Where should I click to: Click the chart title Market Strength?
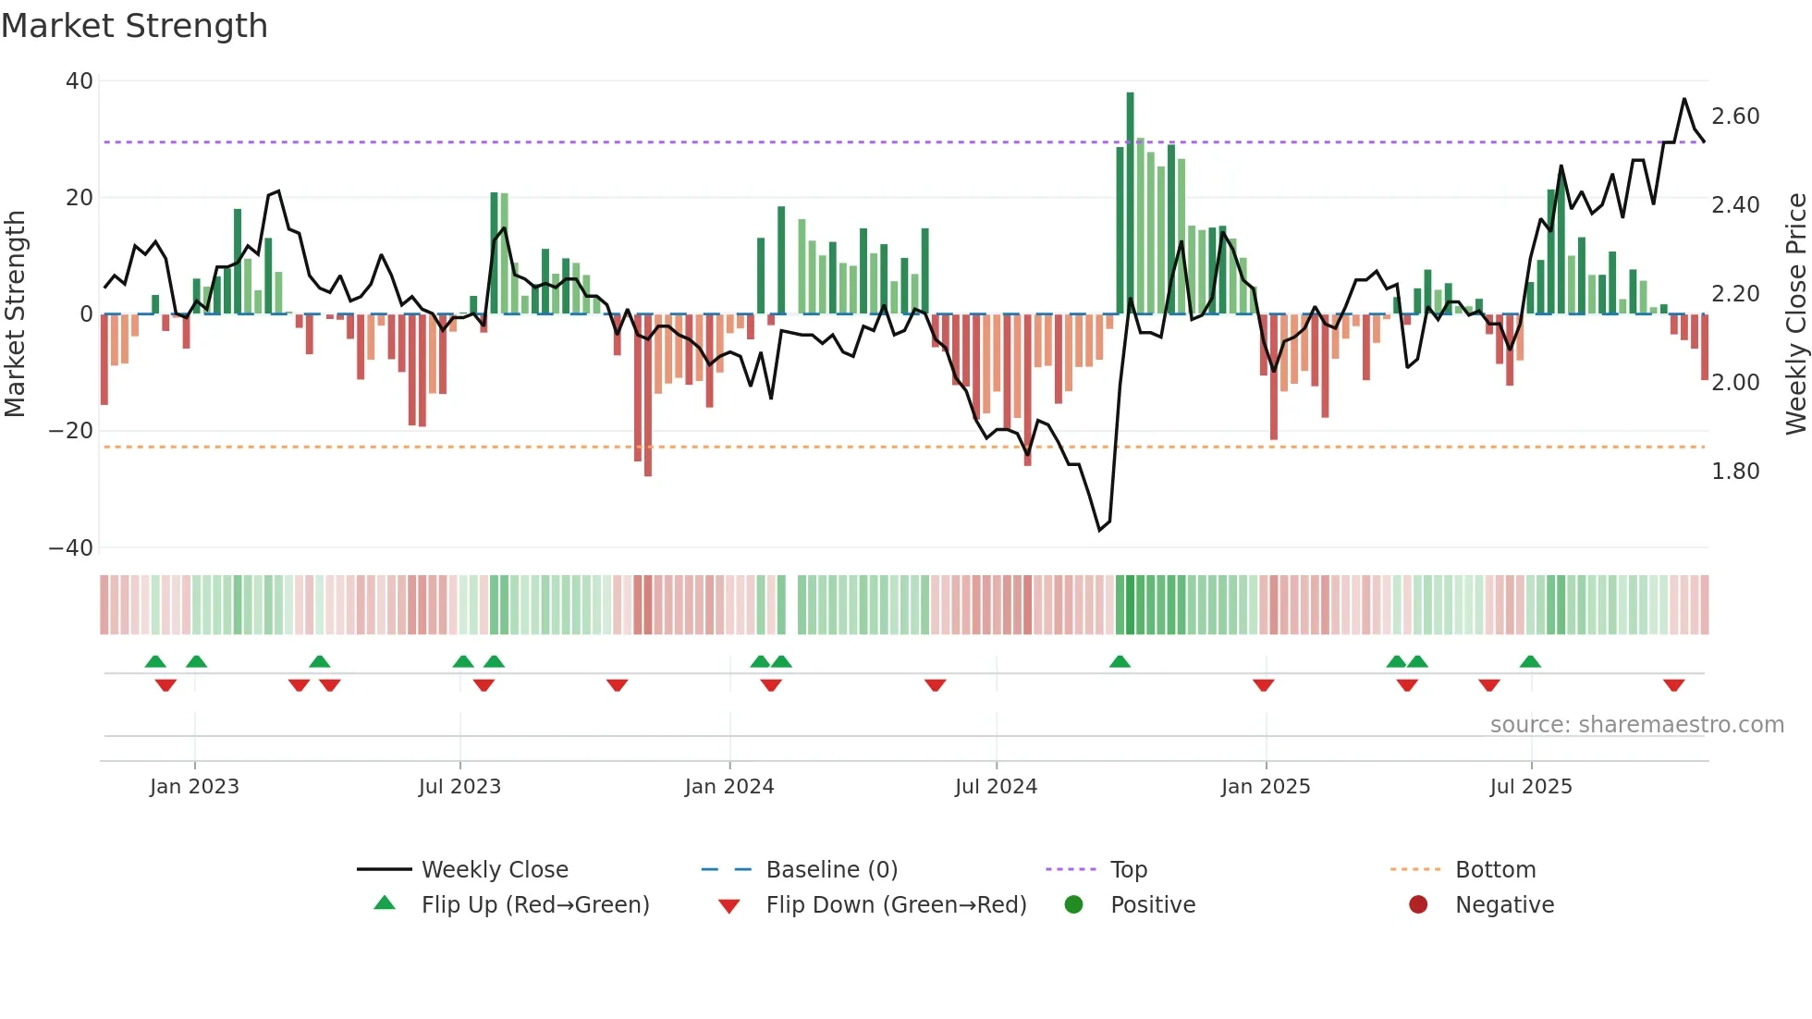pyautogui.click(x=134, y=26)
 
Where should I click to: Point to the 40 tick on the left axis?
pyautogui.click(x=79, y=81)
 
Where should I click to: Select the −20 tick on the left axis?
pyautogui.click(x=71, y=431)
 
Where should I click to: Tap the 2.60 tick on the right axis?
pyautogui.click(x=1735, y=117)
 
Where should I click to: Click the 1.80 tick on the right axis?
pyautogui.click(x=1735, y=472)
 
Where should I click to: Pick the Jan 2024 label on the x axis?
pyautogui.click(x=729, y=787)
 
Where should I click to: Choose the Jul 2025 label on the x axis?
pyautogui.click(x=1531, y=787)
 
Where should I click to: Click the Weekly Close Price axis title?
pyautogui.click(x=1795, y=314)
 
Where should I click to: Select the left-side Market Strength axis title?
pyautogui.click(x=15, y=314)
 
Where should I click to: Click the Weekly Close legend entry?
pyautogui.click(x=495, y=870)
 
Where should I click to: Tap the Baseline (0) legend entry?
pyautogui.click(x=832, y=870)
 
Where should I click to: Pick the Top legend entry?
pyautogui.click(x=1129, y=870)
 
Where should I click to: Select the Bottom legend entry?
pyautogui.click(x=1495, y=870)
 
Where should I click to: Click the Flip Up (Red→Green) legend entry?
pyautogui.click(x=535, y=905)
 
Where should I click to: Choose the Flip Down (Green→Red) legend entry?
pyautogui.click(x=896, y=905)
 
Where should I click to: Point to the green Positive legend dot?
pyautogui.click(x=1073, y=904)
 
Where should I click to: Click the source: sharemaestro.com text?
pyautogui.click(x=1636, y=725)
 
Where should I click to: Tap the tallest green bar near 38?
pyautogui.click(x=1130, y=203)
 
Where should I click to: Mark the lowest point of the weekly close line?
pyautogui.click(x=1099, y=530)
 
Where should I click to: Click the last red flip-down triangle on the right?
pyautogui.click(x=1673, y=685)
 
